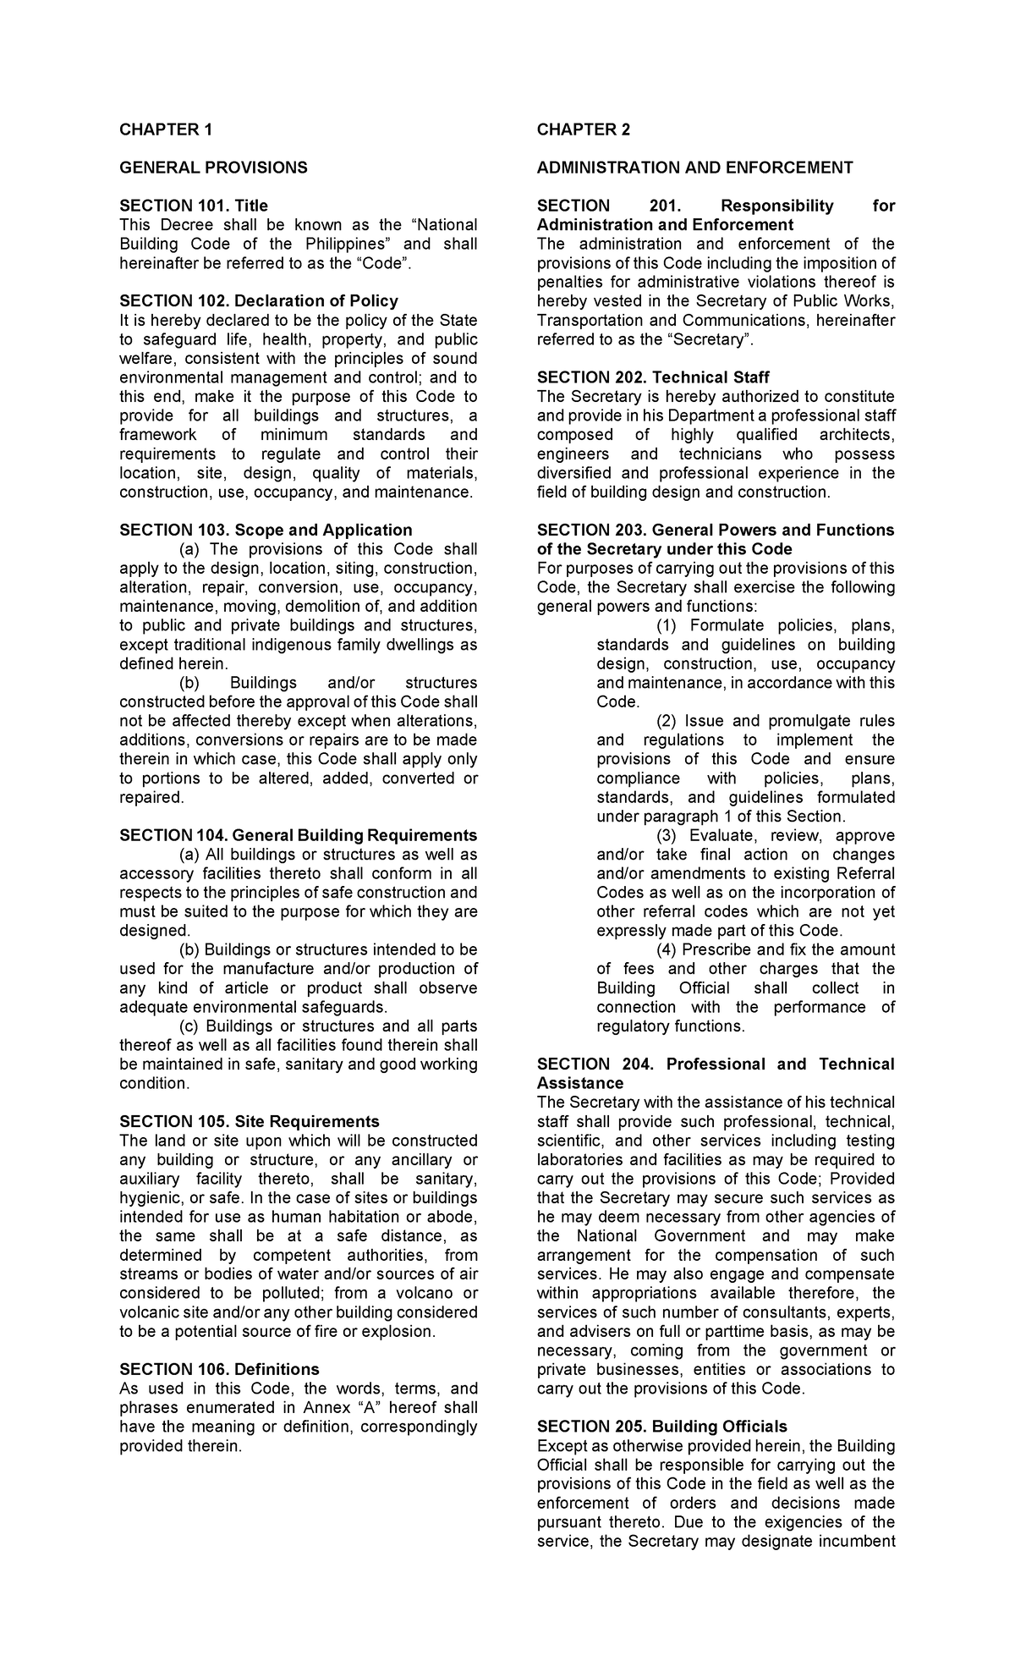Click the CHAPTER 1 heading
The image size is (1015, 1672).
click(x=166, y=129)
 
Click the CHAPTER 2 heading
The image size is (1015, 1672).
click(x=584, y=129)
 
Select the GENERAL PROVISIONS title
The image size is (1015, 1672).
click(x=213, y=168)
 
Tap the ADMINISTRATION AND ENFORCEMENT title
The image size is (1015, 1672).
click(x=694, y=168)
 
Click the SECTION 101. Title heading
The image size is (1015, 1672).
click(x=194, y=206)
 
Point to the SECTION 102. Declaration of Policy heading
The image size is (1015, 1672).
click(x=258, y=301)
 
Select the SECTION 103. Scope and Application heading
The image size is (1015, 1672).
click(x=266, y=531)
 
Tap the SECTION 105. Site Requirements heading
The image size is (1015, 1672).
click(x=249, y=1122)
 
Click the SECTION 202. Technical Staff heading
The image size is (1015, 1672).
click(x=653, y=377)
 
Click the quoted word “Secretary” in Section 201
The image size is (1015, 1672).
click(x=712, y=340)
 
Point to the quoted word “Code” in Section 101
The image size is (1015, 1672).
click(x=384, y=263)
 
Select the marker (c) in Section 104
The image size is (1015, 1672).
click(x=191, y=1027)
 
